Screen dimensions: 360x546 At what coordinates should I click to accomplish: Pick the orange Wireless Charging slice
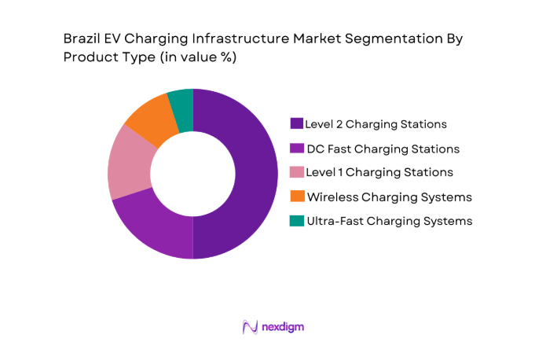(x=149, y=119)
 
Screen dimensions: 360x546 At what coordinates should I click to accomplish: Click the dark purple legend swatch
(x=296, y=123)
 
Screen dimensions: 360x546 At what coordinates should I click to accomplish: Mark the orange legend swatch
(x=296, y=197)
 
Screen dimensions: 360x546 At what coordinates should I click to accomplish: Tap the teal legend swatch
(x=296, y=221)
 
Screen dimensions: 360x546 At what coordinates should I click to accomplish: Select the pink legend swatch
(x=296, y=172)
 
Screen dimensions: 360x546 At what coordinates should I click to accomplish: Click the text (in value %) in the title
(x=192, y=57)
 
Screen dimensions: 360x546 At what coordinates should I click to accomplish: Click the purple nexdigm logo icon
(x=250, y=326)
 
